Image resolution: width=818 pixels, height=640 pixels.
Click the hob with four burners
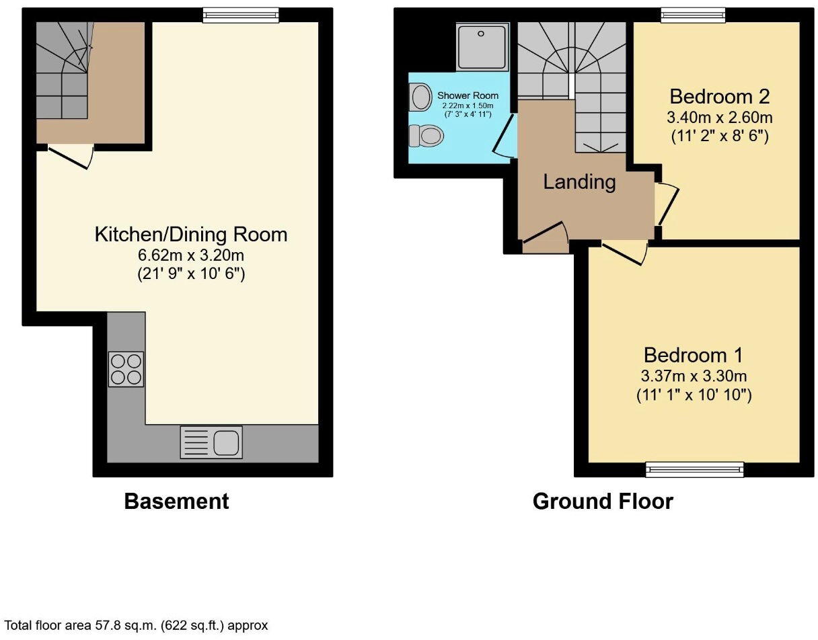(x=126, y=369)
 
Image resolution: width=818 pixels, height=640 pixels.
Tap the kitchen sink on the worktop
(x=211, y=442)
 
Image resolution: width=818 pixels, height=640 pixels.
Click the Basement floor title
(x=176, y=502)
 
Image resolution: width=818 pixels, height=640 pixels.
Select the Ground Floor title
(x=602, y=502)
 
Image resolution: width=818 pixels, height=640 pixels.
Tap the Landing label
(x=579, y=182)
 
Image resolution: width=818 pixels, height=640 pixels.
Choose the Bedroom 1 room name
(x=694, y=355)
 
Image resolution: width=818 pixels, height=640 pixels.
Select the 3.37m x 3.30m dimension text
(x=694, y=376)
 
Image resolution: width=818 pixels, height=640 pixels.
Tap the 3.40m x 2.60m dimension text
(x=719, y=118)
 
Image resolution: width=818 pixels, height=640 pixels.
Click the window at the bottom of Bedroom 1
(x=694, y=469)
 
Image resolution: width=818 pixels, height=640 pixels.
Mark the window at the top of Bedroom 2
(x=692, y=14)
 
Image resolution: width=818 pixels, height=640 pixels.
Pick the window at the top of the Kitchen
(x=240, y=14)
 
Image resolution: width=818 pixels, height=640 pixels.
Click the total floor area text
(x=137, y=625)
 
